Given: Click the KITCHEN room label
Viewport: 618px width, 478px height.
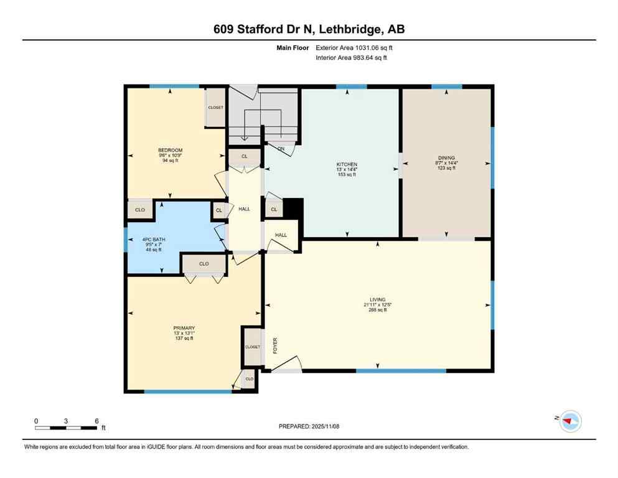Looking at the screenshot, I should coord(347,164).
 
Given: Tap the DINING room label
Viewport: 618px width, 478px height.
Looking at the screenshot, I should coord(446,158).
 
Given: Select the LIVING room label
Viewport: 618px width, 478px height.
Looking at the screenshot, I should coord(377,300).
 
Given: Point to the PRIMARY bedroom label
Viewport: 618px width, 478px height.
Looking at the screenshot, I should coord(184,328).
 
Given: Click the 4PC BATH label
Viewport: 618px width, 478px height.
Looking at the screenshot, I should coord(153,240).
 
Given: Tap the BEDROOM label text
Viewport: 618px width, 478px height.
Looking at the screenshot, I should coord(170,150).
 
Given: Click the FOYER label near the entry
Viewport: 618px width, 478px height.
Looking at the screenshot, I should coord(274,347).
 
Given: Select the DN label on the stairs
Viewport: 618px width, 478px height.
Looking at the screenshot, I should coord(281,149).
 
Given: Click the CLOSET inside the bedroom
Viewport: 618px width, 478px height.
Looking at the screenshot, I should coord(215,108).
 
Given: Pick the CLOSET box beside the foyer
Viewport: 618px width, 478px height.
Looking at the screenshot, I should coord(252,347).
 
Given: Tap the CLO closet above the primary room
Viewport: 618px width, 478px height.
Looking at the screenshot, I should coord(204,264).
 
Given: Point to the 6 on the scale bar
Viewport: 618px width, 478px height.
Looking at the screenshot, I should coord(96,421).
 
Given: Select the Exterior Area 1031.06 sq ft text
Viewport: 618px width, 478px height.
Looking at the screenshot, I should coord(354,47).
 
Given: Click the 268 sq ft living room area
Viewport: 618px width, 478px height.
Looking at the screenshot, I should coord(377,310).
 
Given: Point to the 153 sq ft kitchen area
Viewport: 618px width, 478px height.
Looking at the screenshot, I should coord(347,175).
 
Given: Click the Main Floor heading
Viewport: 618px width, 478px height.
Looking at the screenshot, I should coord(292,47).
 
